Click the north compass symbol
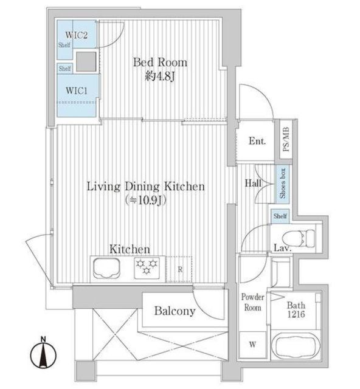coord(43,353)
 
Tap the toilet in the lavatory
coord(298,238)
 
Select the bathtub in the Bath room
coord(295,346)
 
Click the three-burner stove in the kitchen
coord(147,268)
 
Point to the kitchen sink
coord(106,268)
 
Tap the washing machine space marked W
coord(252,345)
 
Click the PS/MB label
coord(286,139)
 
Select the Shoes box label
coord(283,184)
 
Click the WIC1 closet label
coord(77,91)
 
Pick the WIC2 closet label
coord(76,35)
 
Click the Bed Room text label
coord(160,62)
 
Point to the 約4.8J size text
coord(160,77)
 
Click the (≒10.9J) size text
coord(145,201)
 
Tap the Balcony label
coord(175,311)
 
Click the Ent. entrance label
coord(257,141)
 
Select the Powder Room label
coord(253,303)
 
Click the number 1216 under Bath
coord(296,314)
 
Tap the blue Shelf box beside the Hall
coord(280,216)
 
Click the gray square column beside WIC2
coord(86,61)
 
